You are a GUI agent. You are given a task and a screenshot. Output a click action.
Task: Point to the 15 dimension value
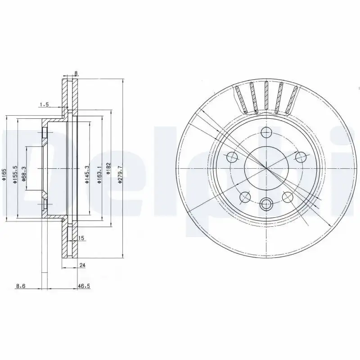(81, 238)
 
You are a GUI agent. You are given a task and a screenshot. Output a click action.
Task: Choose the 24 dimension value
(82, 265)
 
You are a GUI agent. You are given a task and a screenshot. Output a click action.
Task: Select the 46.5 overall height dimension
(82, 285)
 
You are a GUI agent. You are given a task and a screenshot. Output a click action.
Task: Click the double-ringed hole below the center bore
(266, 204)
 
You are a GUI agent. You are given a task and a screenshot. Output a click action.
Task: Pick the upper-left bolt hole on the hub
(232, 157)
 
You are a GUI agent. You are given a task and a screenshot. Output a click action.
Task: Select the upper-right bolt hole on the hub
(300, 157)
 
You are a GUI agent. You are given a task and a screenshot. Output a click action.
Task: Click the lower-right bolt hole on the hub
(287, 196)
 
